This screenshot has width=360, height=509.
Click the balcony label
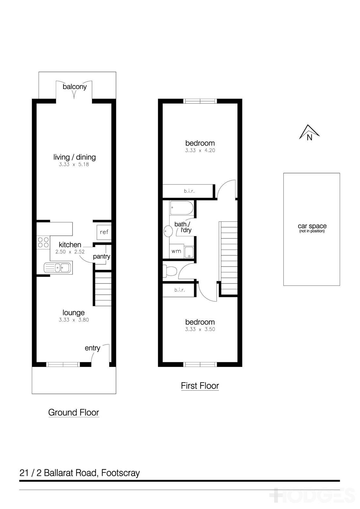click(x=74, y=87)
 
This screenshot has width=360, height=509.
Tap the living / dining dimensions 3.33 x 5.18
click(x=74, y=164)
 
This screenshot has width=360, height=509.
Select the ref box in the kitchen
click(x=104, y=232)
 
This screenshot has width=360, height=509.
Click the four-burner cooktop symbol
click(x=43, y=242)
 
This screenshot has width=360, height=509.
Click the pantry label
click(x=102, y=256)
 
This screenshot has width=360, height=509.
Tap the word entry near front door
click(x=92, y=348)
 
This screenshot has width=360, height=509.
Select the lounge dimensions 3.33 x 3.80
click(x=74, y=320)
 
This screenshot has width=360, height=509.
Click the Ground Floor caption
click(x=74, y=413)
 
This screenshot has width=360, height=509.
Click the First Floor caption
click(x=200, y=386)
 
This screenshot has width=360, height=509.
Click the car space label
click(x=312, y=227)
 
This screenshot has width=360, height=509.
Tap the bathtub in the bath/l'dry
click(x=181, y=208)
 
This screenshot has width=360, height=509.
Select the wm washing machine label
click(x=176, y=251)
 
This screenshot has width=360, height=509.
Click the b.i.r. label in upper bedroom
click(x=189, y=191)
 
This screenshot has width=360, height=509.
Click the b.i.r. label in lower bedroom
click(x=180, y=290)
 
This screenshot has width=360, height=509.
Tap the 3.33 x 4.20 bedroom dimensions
click(x=200, y=150)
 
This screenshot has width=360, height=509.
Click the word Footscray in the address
click(x=120, y=473)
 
